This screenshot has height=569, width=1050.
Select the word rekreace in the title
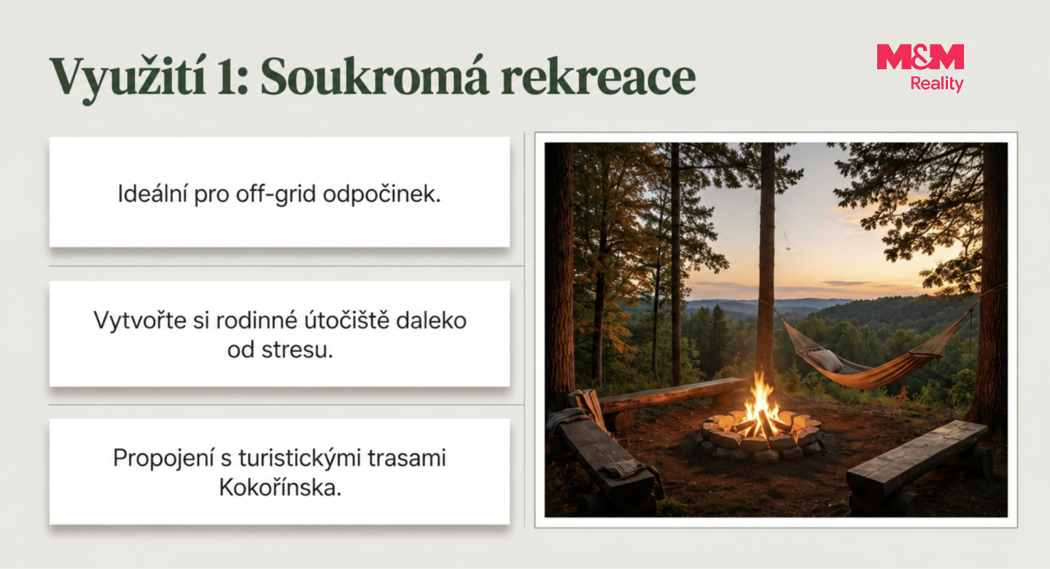tap(598, 77)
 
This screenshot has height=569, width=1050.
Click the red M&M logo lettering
tap(920, 57)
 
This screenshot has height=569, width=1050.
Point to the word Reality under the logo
tap(936, 85)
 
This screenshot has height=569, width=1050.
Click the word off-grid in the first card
tap(276, 195)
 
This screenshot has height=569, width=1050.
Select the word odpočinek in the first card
tap(382, 195)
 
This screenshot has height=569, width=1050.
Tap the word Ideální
tap(152, 194)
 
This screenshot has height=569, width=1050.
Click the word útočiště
tap(347, 321)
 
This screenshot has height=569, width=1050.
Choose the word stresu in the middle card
tap(297, 350)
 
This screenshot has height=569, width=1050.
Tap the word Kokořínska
tap(280, 487)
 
